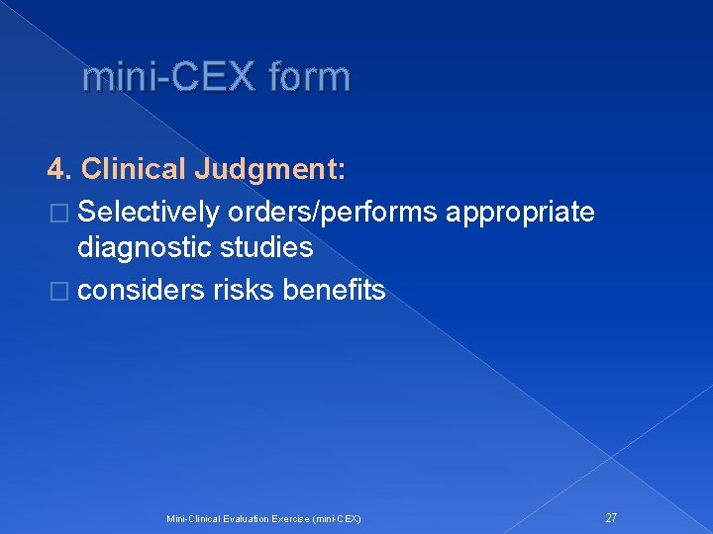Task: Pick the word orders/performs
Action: (334, 212)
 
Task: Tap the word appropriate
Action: (521, 212)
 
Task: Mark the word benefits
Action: (334, 290)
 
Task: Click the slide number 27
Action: (611, 517)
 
